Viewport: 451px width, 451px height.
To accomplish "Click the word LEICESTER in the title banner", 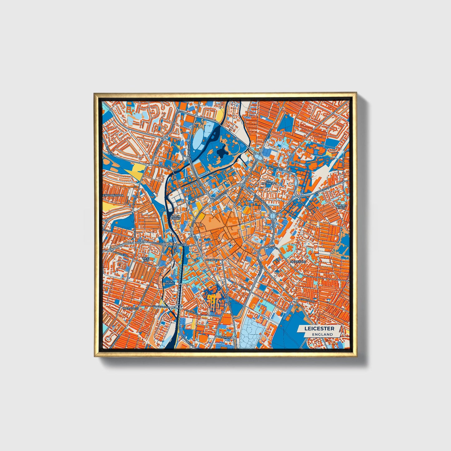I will (319, 329).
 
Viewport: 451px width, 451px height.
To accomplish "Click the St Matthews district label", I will (269, 182).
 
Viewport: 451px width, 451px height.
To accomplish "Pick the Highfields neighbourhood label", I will (298, 262).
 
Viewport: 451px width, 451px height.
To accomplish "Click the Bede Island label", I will (169, 282).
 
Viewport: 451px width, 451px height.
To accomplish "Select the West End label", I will (145, 260).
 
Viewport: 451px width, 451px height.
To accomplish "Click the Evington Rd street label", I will (306, 300).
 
